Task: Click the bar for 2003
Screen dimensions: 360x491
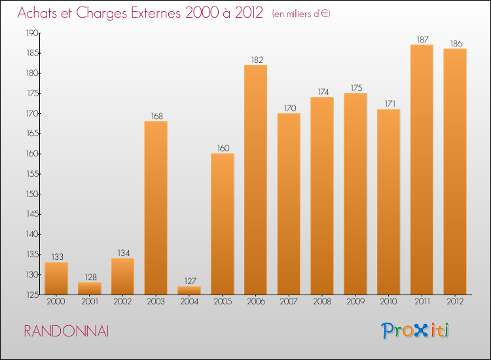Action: [156, 208]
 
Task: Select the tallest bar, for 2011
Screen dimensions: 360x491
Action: [422, 170]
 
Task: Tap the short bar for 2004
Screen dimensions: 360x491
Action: [189, 291]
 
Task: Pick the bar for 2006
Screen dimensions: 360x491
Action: [255, 180]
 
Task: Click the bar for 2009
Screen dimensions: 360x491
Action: [355, 194]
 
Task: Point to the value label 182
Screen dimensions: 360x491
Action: [255, 60]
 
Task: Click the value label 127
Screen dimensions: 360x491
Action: [189, 281]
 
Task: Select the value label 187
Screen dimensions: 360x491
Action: [422, 39]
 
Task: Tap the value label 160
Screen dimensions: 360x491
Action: [223, 148]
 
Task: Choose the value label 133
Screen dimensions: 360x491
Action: [56, 257]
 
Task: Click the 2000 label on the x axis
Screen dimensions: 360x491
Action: [56, 303]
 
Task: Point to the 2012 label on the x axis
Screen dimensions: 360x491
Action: [455, 303]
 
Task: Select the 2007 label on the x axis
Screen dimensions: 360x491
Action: [289, 303]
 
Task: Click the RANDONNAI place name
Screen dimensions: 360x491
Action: [66, 331]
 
